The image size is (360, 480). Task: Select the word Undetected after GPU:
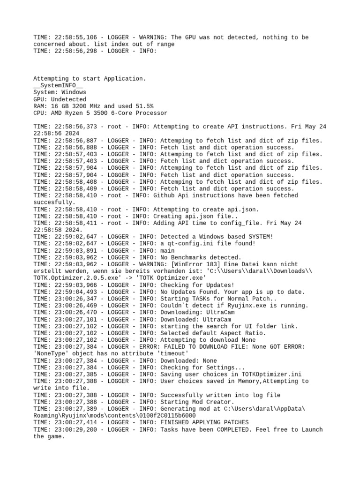coord(69,99)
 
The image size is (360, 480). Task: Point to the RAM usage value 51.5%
coord(143,106)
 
